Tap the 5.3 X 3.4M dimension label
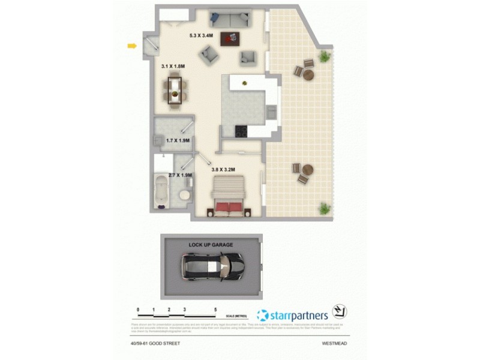200,36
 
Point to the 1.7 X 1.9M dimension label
178,140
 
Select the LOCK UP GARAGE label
210,245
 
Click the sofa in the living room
229,19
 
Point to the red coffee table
229,38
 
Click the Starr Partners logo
292,314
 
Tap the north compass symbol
340,313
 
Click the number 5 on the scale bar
215,310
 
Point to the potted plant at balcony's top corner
325,56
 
